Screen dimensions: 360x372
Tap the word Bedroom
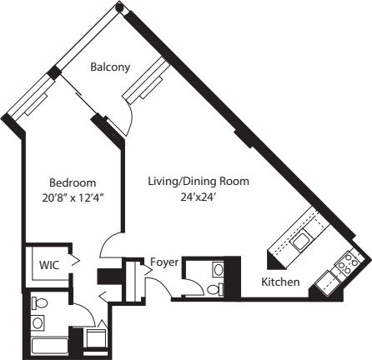pyautogui.click(x=72, y=182)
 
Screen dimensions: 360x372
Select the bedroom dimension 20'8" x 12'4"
pyautogui.click(x=72, y=197)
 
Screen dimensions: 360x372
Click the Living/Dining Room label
pyautogui.click(x=199, y=181)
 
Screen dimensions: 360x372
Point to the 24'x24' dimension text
pyautogui.click(x=199, y=197)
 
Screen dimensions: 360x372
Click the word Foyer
pyautogui.click(x=163, y=262)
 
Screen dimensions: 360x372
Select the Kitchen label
pyautogui.click(x=280, y=282)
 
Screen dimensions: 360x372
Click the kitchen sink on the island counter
pyautogui.click(x=301, y=242)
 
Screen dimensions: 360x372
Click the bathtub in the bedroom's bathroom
pyautogui.click(x=47, y=344)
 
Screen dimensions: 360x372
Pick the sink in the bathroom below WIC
pyautogui.click(x=38, y=322)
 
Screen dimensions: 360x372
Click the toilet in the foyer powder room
pyautogui.click(x=215, y=288)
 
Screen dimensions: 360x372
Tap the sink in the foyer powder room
pyautogui.click(x=218, y=269)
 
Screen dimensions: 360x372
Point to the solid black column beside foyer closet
pyautogui.click(x=108, y=277)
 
